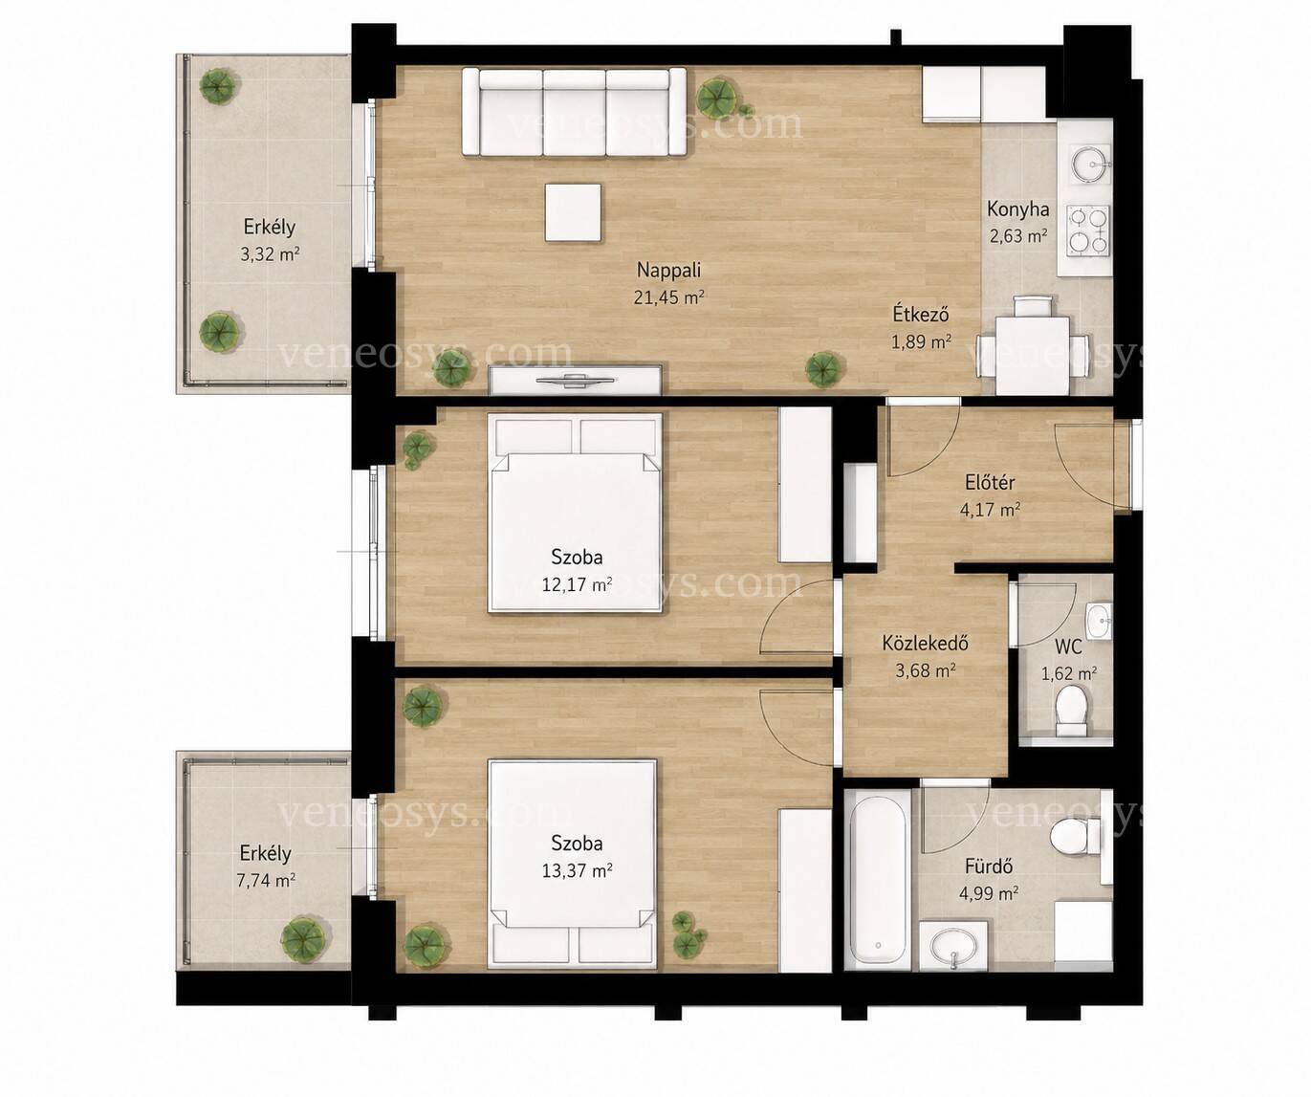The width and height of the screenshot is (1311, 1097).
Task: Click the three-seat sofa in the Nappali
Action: click(574, 112)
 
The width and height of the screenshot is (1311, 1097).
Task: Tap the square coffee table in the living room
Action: click(573, 212)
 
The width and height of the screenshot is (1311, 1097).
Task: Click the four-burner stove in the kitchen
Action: click(1088, 230)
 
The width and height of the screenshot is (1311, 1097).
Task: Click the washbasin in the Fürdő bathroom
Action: click(953, 946)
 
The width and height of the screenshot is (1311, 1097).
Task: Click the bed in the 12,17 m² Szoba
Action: click(575, 513)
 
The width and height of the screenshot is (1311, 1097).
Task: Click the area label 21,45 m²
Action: click(668, 297)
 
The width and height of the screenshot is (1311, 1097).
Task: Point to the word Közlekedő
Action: click(925, 643)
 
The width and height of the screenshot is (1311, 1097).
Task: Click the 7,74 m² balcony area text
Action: click(266, 880)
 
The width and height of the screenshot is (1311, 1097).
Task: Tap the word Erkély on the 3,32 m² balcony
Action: click(270, 227)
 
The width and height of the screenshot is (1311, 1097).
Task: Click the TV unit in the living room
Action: click(575, 380)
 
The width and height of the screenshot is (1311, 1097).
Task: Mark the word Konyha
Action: click(1017, 209)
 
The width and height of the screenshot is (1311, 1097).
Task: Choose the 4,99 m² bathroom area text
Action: click(989, 893)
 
